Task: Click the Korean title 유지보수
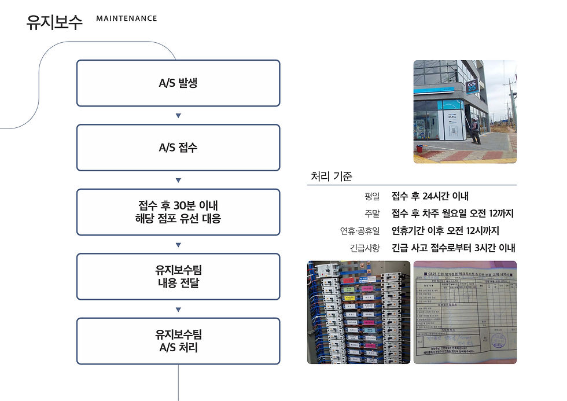coord(54,21)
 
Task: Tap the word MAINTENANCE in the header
coord(126,19)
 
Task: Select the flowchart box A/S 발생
coord(178,83)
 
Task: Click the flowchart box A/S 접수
coord(178,148)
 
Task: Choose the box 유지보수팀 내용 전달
coord(178,277)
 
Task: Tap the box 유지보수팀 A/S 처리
coord(178,341)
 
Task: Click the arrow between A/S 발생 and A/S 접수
coord(178,116)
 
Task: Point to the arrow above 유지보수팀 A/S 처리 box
coord(178,309)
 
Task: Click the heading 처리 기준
coord(332,176)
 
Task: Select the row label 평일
coord(372,197)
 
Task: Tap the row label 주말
coord(372,214)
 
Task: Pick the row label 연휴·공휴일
coord(360,231)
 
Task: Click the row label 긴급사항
coord(365,248)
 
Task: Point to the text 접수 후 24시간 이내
coord(430,196)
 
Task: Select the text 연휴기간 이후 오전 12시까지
coord(445,231)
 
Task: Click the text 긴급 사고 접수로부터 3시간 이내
coord(453,248)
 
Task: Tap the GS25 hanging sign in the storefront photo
coord(472,87)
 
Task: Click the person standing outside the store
coord(475,130)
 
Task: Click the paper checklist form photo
coord(465,312)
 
